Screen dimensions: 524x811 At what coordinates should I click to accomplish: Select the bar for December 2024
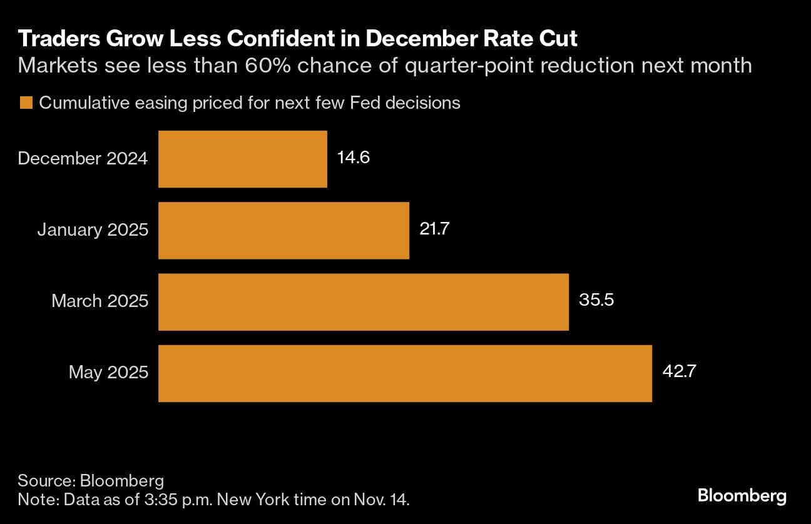pyautogui.click(x=243, y=159)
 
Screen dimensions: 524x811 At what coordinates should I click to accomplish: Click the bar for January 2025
pyautogui.click(x=283, y=230)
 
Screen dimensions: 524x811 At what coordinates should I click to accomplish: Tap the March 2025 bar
pyautogui.click(x=364, y=301)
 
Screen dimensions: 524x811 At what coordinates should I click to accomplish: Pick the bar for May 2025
pyautogui.click(x=405, y=373)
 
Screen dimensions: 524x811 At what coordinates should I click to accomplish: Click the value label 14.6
pyautogui.click(x=354, y=158)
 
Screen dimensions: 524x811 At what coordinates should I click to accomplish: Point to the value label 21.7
pyautogui.click(x=435, y=229)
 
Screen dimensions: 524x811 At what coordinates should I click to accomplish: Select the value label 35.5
pyautogui.click(x=596, y=300)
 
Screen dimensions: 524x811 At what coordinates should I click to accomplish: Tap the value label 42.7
pyautogui.click(x=679, y=372)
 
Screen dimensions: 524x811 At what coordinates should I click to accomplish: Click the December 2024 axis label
pyautogui.click(x=83, y=159)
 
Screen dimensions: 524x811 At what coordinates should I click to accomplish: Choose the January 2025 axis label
pyautogui.click(x=93, y=230)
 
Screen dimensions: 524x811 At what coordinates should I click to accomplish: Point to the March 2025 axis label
pyautogui.click(x=99, y=301)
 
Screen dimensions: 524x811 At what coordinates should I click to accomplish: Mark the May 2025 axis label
pyautogui.click(x=108, y=373)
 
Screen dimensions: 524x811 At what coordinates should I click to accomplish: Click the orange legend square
pyautogui.click(x=26, y=103)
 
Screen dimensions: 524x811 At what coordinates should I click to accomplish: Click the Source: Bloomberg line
pyautogui.click(x=91, y=481)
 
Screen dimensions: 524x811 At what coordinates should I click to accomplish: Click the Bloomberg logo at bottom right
pyautogui.click(x=742, y=496)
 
